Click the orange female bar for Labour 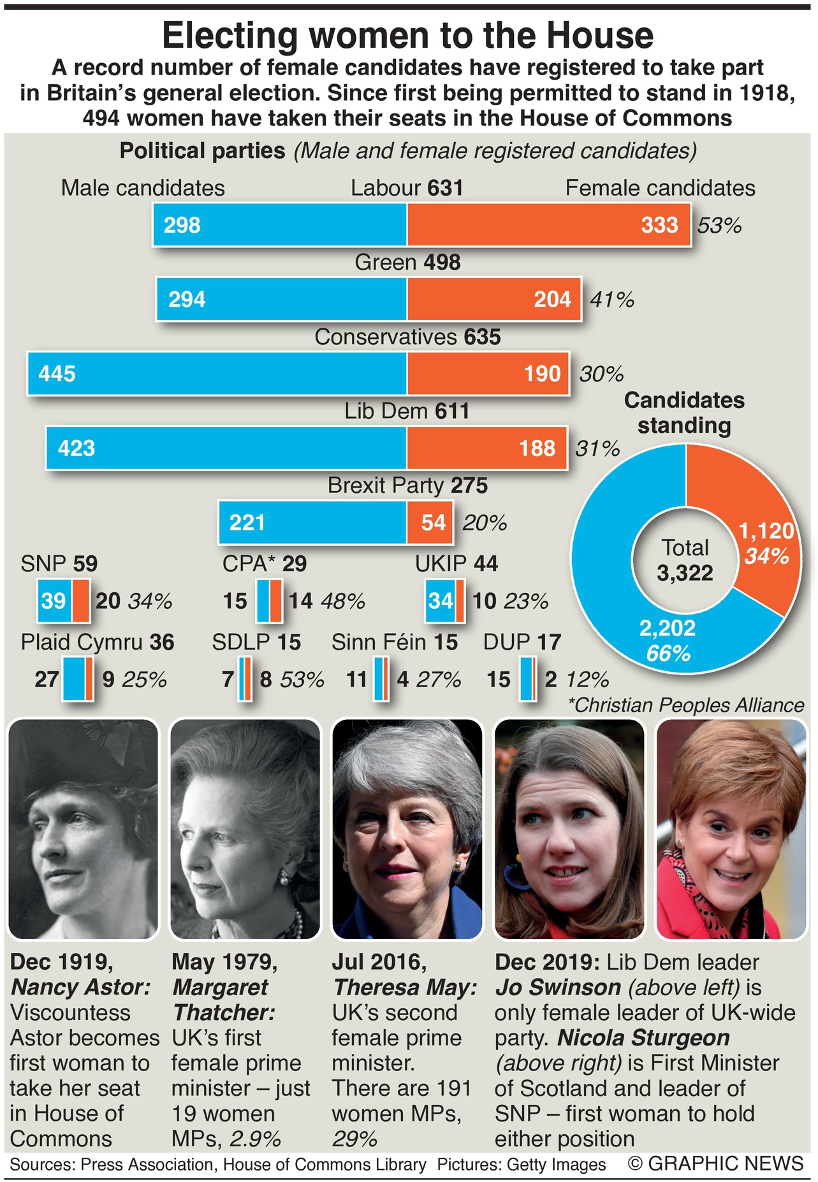548,225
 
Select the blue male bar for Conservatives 217,373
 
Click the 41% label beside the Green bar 611,300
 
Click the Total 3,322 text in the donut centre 685,560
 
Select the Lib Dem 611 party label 407,411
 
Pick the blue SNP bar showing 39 54,601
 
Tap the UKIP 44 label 456,564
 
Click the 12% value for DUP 587,680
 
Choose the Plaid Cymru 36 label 98,642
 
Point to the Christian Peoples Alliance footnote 685,705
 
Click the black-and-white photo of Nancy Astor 83,829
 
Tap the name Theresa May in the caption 405,988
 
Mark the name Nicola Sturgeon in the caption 643,1038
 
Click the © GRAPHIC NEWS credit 715,1164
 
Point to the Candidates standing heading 684,412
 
